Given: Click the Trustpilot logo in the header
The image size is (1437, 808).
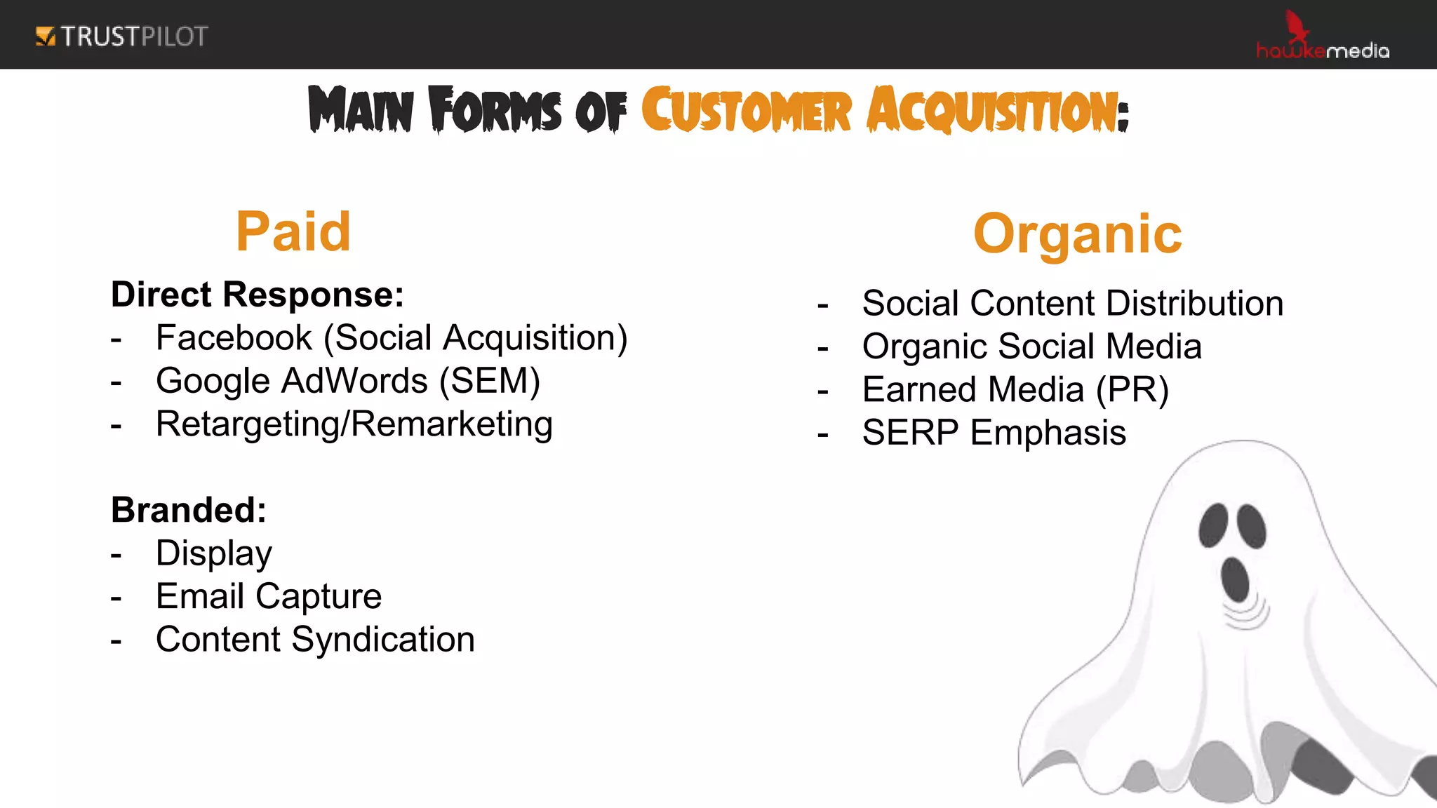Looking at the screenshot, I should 121,36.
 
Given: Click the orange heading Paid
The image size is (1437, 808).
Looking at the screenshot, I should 293,232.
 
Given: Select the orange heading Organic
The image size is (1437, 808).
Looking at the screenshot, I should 1077,234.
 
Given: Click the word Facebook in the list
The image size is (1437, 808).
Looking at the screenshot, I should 234,338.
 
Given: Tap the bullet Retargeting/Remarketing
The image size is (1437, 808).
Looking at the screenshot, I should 354,425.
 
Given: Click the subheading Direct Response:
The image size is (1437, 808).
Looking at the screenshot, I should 258,295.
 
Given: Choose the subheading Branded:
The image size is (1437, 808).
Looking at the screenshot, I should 189,510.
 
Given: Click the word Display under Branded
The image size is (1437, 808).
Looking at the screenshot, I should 214,554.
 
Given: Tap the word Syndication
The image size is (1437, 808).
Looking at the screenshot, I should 383,640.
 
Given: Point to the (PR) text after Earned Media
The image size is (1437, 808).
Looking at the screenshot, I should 1132,390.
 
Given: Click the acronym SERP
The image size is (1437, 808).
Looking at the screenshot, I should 910,433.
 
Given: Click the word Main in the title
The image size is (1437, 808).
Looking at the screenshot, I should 361,110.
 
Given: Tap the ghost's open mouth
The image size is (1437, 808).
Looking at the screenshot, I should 1234,579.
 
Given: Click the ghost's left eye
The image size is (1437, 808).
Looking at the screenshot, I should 1212,525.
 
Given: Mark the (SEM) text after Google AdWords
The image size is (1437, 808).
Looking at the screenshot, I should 490,382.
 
